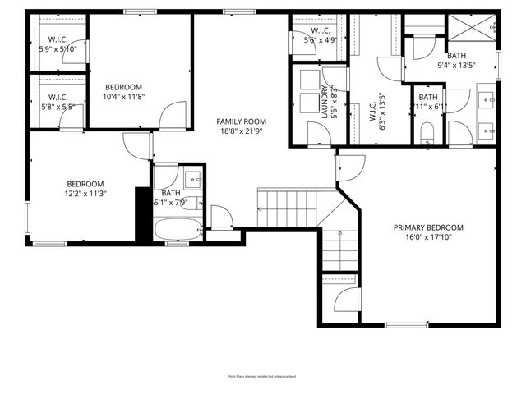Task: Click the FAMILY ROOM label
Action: tap(242, 121)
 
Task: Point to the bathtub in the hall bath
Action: tap(178, 229)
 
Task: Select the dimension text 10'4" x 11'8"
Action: tap(123, 97)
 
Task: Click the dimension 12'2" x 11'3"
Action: tap(85, 193)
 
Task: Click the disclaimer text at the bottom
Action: tap(262, 376)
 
